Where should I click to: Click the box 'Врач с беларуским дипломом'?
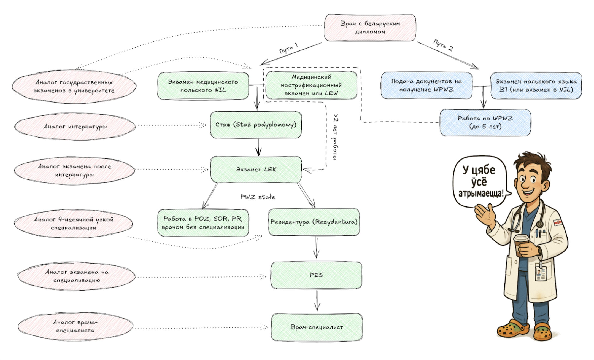(x=370, y=28)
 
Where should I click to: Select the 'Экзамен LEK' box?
(x=256, y=170)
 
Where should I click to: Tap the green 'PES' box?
(x=316, y=275)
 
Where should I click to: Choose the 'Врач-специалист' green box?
(x=317, y=327)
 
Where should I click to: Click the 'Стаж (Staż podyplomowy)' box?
(x=256, y=125)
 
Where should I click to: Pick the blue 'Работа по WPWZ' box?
(x=485, y=122)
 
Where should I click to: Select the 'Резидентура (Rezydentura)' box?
(x=314, y=222)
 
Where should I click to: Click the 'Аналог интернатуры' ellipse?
(x=75, y=127)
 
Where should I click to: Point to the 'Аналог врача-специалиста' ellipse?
(x=75, y=326)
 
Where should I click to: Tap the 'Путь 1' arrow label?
(x=288, y=48)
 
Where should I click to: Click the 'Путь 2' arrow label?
(x=443, y=45)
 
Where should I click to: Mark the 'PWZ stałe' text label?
(x=258, y=197)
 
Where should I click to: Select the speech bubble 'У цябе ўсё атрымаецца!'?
(x=480, y=182)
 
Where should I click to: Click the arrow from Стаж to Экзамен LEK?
(x=258, y=147)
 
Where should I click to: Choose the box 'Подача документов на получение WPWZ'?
(x=426, y=85)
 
